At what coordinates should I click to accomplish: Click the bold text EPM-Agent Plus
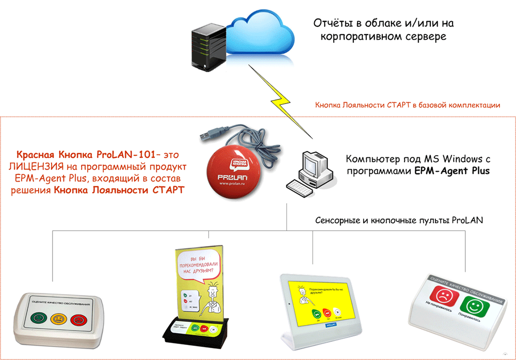click(453, 171)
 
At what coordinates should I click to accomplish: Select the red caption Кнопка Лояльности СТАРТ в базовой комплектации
click(408, 105)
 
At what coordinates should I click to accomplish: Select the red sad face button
click(442, 296)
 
